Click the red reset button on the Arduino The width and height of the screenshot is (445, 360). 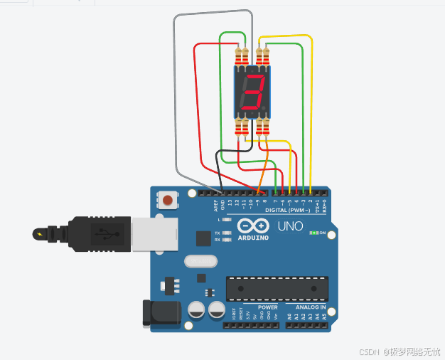(167, 200)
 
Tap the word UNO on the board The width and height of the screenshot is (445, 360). (290, 227)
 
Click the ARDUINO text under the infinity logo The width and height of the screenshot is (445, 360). (253, 238)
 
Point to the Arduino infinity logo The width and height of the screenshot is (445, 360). (253, 226)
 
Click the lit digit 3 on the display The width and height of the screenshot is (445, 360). (252, 92)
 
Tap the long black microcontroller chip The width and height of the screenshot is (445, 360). (277, 287)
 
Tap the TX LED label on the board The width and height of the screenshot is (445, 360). (218, 233)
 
